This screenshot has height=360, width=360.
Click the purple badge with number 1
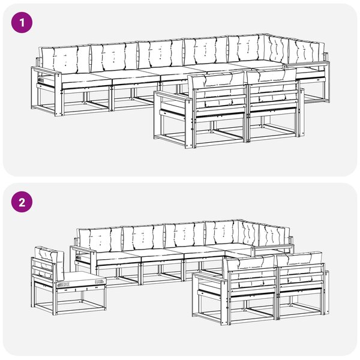click(22, 23)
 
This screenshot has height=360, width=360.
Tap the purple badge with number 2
click(22, 203)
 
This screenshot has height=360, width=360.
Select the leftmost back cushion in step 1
click(65, 59)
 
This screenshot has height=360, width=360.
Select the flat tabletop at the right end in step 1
click(307, 65)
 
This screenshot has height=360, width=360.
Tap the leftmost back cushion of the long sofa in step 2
click(100, 240)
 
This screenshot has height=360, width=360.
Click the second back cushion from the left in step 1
click(115, 58)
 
